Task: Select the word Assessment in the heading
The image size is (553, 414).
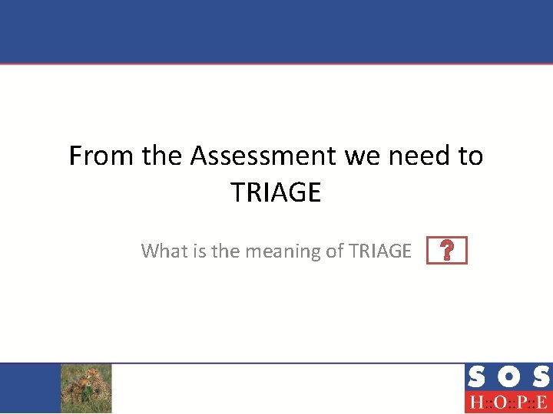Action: pyautogui.click(x=263, y=156)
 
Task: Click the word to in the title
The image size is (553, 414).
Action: pyautogui.click(x=470, y=156)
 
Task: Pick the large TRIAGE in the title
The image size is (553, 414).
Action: pyautogui.click(x=276, y=192)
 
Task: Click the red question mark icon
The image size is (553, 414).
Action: pyautogui.click(x=446, y=251)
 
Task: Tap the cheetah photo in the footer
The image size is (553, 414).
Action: pyautogui.click(x=86, y=387)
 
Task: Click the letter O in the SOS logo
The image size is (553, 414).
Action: pyautogui.click(x=507, y=377)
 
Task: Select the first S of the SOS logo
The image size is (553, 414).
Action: pyautogui.click(x=476, y=377)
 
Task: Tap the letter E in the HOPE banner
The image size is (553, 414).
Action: pyautogui.click(x=542, y=402)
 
